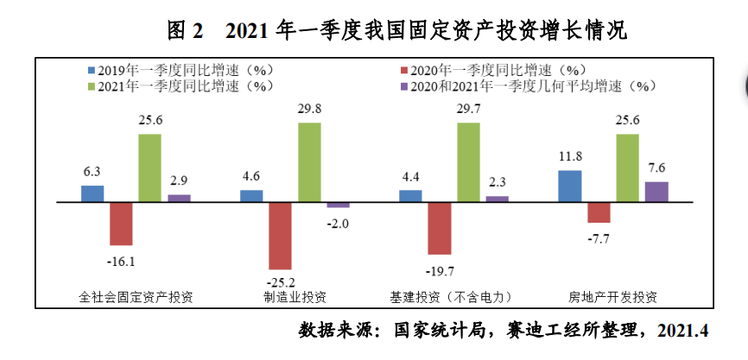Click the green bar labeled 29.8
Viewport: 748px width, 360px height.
309,162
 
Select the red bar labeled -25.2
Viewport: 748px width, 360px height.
280,235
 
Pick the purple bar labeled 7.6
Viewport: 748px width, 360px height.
656,192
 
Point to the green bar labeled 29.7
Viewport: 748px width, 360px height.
468,162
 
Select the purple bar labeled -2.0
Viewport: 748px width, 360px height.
339,205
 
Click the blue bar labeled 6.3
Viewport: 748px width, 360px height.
92,193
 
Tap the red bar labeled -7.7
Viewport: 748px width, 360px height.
599,212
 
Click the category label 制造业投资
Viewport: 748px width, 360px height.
295,298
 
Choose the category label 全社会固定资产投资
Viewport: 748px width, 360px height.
136,298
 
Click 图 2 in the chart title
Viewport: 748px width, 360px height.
186,31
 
